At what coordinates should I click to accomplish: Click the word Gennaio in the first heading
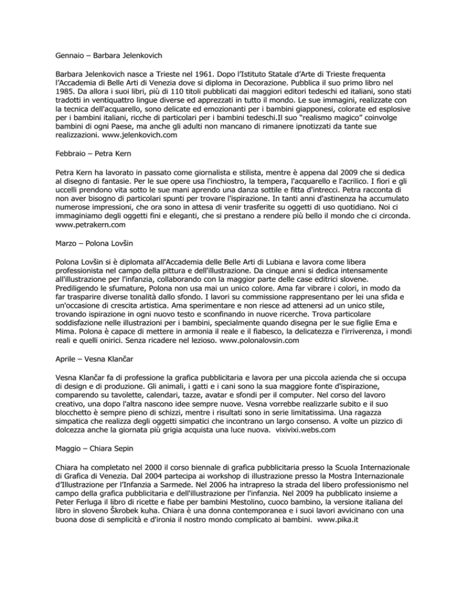tap(64, 62)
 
